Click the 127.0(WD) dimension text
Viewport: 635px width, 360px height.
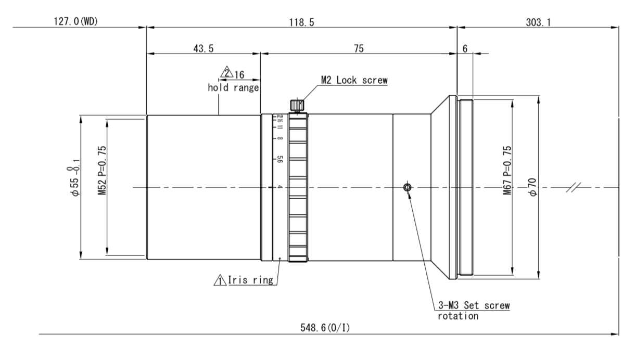[x=75, y=21]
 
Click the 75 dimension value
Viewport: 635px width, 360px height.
[x=358, y=48]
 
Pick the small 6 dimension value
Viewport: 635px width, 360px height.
[x=464, y=48]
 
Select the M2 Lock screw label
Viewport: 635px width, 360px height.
[x=354, y=81]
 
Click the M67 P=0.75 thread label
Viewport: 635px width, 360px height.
[x=507, y=171]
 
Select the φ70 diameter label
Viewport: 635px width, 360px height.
[x=531, y=186]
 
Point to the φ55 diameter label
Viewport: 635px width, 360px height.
[x=77, y=178]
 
